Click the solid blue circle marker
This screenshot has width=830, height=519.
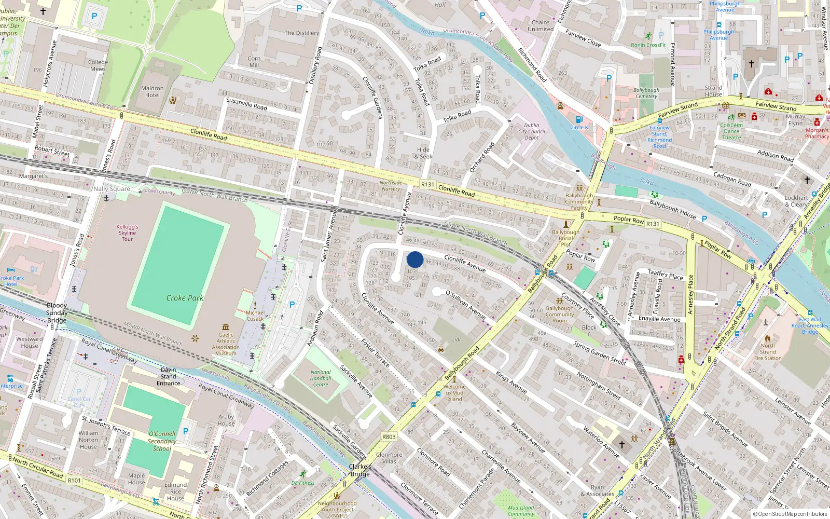click(x=415, y=259)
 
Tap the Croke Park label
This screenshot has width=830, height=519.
click(x=185, y=298)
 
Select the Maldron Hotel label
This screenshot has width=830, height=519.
click(x=152, y=92)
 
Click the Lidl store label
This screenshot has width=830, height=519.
click(x=457, y=339)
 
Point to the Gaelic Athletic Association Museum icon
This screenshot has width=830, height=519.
click(x=226, y=327)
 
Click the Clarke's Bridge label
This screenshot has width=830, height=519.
click(x=360, y=470)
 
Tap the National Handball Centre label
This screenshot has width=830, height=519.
click(x=321, y=378)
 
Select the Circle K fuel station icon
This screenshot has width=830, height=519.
click(x=579, y=120)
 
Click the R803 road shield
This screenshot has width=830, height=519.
click(x=389, y=437)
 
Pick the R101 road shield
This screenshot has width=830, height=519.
click(x=74, y=480)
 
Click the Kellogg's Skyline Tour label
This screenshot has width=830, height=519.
click(x=127, y=233)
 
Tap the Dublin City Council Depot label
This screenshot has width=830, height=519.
click(x=532, y=131)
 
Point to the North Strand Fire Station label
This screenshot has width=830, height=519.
click(x=768, y=352)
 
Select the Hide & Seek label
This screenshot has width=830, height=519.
click(x=423, y=153)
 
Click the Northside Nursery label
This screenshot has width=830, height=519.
click(x=391, y=185)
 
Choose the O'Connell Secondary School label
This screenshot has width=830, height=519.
click(x=162, y=441)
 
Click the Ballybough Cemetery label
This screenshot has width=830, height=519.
click(x=646, y=93)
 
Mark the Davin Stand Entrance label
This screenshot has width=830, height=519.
click(x=169, y=376)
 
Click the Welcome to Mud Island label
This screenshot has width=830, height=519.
click(x=454, y=392)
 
